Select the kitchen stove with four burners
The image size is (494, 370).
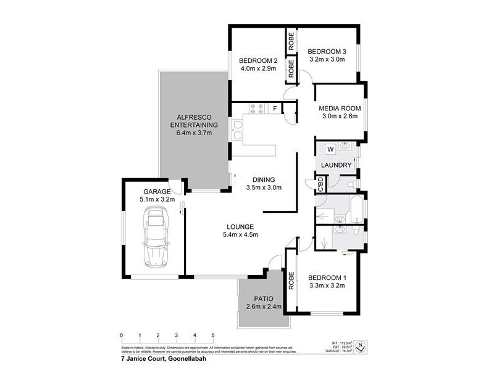(257, 109)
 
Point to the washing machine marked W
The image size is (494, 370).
(330, 149)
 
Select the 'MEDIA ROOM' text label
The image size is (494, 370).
(340, 109)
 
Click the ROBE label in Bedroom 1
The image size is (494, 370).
(290, 281)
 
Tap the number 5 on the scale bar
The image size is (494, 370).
(213, 335)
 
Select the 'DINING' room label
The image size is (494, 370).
(264, 179)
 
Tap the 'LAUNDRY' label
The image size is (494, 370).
(337, 165)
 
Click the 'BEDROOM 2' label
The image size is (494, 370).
(258, 60)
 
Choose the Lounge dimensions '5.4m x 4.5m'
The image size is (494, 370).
(240, 234)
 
